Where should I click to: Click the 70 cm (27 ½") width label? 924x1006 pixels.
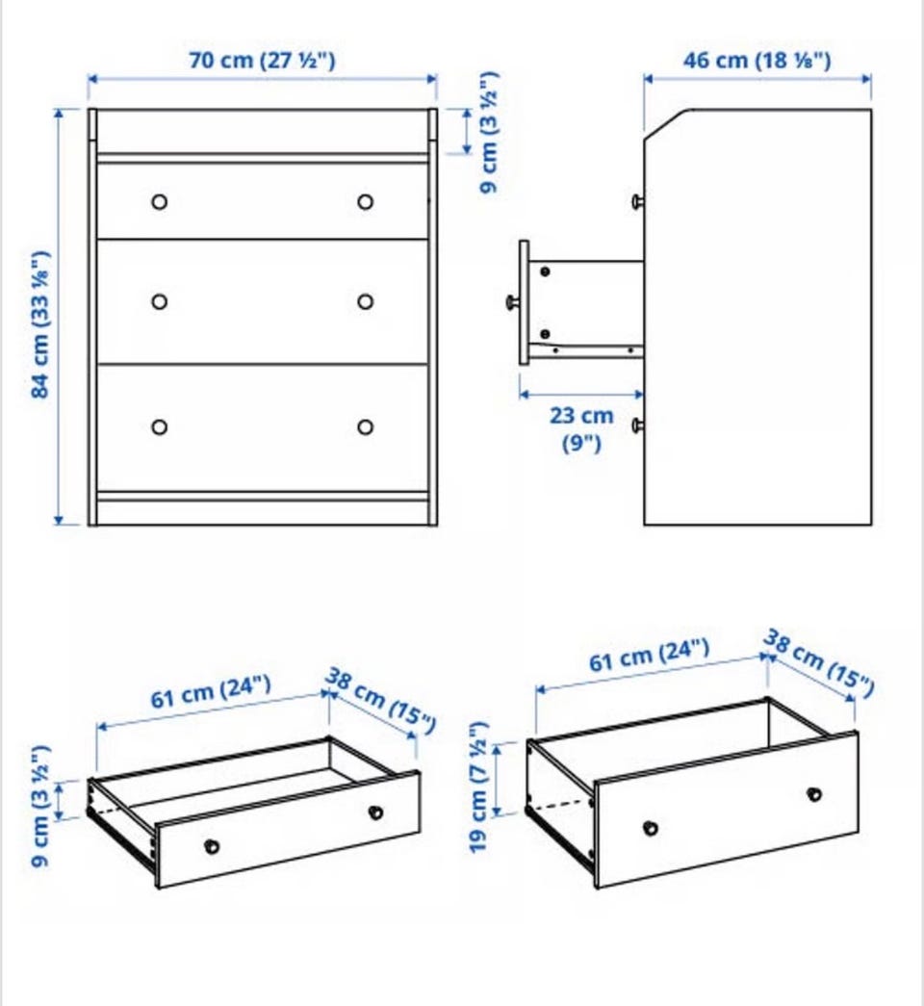point(262,61)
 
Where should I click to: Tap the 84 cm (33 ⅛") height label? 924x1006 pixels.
point(39,324)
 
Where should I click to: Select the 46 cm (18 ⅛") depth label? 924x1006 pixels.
point(757,61)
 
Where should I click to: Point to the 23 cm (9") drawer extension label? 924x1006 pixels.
point(581,428)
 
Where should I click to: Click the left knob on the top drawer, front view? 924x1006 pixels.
point(160,202)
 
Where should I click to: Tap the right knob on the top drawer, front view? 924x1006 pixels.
point(366,202)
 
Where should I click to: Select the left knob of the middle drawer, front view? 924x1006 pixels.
point(160,301)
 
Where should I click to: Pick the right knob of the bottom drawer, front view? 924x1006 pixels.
point(366,427)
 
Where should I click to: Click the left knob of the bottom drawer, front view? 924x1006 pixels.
point(160,427)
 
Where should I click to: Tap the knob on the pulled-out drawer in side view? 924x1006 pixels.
point(513,301)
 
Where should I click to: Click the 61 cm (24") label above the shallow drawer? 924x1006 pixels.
point(211,692)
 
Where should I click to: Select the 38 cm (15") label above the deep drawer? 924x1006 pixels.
point(819,663)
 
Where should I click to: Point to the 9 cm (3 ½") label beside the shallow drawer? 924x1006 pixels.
point(40,806)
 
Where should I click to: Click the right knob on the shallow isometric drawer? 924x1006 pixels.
point(375,813)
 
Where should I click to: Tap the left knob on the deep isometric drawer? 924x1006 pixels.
point(651,828)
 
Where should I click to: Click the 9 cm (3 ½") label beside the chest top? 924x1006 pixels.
point(489,132)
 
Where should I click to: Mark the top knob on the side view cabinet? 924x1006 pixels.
point(638,202)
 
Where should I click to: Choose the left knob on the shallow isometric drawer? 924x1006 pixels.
point(211,847)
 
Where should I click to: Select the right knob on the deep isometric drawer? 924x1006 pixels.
point(814,794)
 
